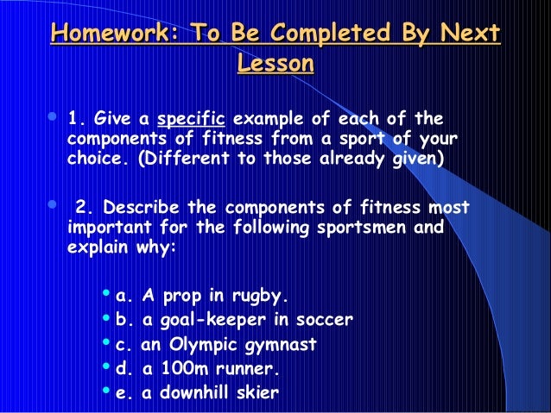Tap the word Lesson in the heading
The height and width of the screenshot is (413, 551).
pyautogui.click(x=275, y=65)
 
